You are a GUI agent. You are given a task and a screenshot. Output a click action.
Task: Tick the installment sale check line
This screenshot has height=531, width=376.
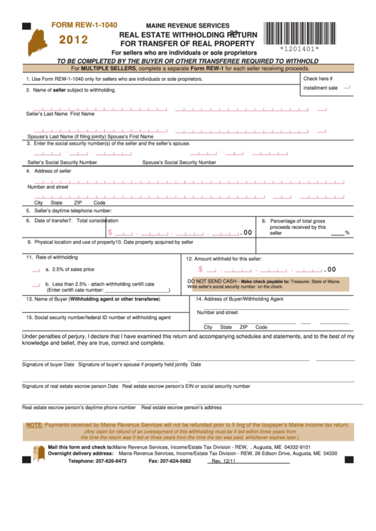(x=347, y=88)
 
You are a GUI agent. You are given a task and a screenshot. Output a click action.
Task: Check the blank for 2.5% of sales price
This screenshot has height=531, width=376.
(x=36, y=269)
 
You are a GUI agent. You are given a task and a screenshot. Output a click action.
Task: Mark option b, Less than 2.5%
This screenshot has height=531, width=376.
(x=36, y=284)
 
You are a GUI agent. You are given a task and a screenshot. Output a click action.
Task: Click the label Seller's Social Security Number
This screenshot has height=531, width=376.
(x=62, y=162)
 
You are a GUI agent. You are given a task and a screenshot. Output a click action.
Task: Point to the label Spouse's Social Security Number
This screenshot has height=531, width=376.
(x=179, y=162)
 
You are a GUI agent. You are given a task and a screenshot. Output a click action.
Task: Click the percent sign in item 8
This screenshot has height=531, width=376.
(x=348, y=233)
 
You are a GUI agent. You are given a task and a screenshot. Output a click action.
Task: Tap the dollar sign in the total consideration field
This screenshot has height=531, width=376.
(x=109, y=232)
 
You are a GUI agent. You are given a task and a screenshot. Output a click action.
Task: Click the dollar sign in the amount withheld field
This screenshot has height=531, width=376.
(x=201, y=269)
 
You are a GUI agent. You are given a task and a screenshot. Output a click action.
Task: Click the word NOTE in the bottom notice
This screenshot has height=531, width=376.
(x=33, y=425)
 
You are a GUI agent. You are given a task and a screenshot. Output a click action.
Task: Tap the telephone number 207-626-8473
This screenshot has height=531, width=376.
(x=116, y=461)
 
